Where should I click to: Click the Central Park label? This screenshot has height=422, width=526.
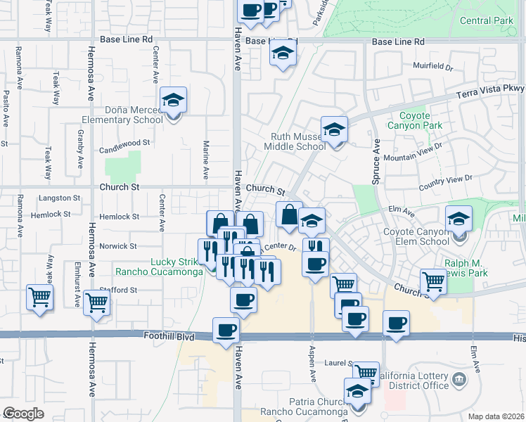click(x=487, y=21)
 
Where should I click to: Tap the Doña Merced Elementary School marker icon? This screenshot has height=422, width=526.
click(x=172, y=100)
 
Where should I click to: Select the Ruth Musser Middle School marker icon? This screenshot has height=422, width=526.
click(x=335, y=129)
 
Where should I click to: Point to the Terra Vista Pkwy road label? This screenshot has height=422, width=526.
click(x=493, y=89)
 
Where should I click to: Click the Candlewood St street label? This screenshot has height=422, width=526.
click(x=125, y=142)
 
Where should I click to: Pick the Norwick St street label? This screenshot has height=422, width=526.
click(x=117, y=246)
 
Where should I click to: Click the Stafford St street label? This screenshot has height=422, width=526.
click(x=117, y=290)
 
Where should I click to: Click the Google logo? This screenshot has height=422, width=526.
click(x=23, y=414)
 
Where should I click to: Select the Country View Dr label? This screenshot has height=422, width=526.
click(x=445, y=183)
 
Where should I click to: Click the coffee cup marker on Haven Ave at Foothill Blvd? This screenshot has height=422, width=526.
click(x=226, y=330)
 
